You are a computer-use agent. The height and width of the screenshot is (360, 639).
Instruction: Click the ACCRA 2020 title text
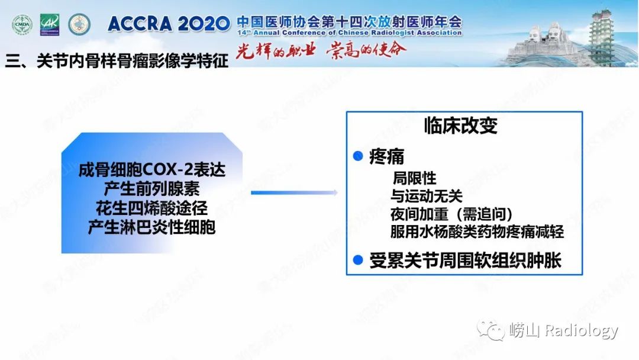(x=169, y=24)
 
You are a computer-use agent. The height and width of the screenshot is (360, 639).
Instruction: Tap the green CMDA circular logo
(x=22, y=24)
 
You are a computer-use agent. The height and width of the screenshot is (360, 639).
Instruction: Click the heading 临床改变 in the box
(x=460, y=126)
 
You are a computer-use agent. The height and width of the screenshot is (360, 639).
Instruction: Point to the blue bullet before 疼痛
(x=357, y=156)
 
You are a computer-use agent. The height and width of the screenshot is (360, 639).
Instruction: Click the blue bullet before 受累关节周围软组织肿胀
(x=357, y=259)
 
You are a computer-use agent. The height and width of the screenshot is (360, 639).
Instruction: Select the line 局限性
(x=414, y=178)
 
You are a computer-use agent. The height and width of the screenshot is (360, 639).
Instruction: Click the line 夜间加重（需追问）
(x=451, y=214)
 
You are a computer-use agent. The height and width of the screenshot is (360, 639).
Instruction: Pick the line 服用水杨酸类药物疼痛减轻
(x=477, y=232)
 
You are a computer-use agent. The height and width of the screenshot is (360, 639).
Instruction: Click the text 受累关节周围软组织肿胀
(x=465, y=261)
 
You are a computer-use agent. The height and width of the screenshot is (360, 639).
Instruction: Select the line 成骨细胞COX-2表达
(x=152, y=171)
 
